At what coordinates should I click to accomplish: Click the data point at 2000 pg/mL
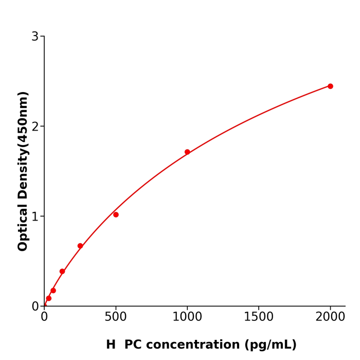pos(330,86)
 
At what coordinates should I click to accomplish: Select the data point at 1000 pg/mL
pos(187,152)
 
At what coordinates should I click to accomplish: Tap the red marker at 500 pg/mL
pos(116,214)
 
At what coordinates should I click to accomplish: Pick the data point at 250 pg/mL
pos(80,246)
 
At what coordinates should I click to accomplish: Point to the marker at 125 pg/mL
pos(62,271)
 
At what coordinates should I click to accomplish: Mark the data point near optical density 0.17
pos(53,291)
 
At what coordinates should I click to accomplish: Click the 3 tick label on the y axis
pos(35,37)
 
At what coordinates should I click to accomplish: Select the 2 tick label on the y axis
pos(35,127)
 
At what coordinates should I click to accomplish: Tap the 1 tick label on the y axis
pos(35,217)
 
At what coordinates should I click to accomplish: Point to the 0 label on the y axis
pos(35,306)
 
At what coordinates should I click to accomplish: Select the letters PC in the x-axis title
pos(133,345)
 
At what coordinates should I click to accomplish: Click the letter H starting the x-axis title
pos(111,345)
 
